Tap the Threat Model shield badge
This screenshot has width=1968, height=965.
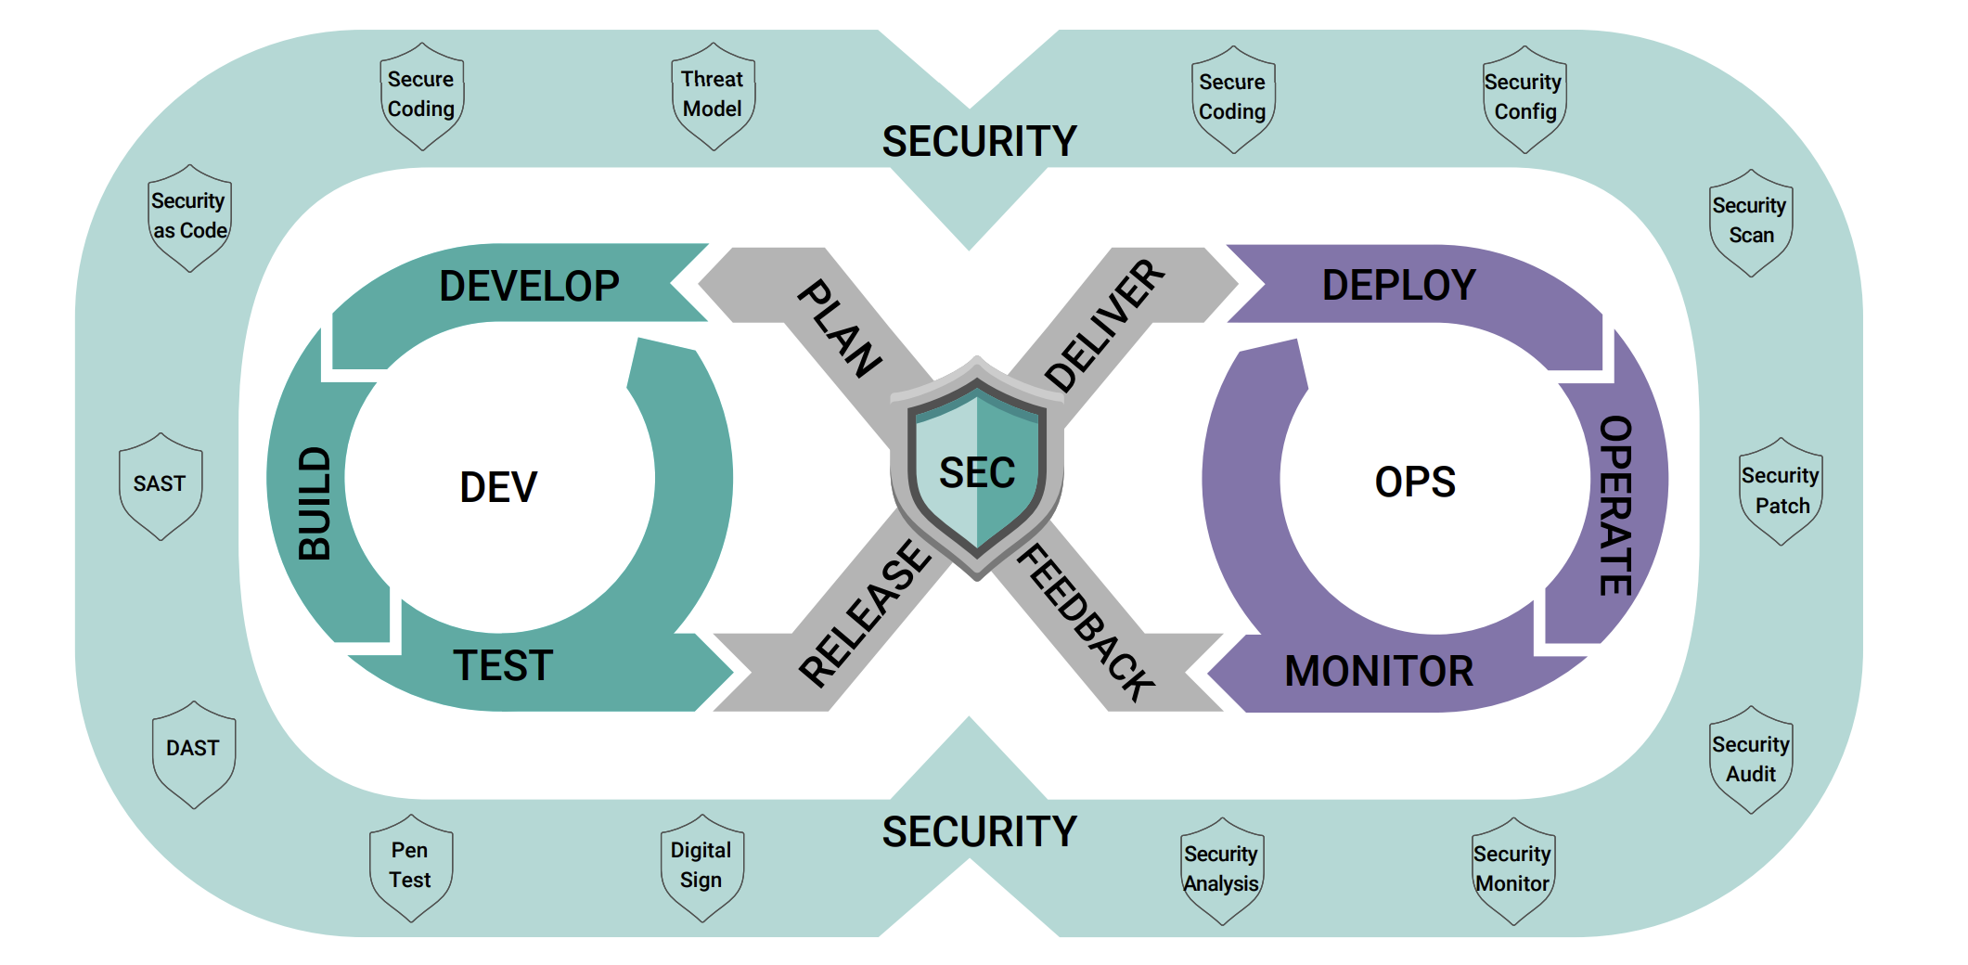(x=713, y=95)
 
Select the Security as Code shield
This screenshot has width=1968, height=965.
(x=189, y=217)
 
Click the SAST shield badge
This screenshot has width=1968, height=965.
(x=161, y=484)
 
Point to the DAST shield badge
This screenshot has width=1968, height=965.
(x=193, y=753)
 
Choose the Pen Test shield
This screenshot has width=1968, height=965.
(x=410, y=867)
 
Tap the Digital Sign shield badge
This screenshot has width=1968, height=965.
(x=701, y=867)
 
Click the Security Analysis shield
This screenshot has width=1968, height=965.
(x=1221, y=869)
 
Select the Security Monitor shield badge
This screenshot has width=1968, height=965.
(x=1512, y=869)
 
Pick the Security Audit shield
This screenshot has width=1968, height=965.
(x=1751, y=760)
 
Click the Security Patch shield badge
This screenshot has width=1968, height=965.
(x=1781, y=491)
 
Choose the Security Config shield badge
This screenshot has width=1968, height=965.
(x=1524, y=97)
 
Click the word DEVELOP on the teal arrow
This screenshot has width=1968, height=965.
(x=529, y=286)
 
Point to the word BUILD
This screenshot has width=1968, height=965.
(x=315, y=504)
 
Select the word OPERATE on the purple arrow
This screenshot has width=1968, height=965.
(x=1615, y=506)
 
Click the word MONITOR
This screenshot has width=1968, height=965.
(x=1379, y=671)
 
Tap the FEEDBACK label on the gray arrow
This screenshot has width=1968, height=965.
(x=1087, y=622)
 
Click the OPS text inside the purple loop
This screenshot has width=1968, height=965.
(x=1415, y=482)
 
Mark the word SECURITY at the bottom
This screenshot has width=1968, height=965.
(x=979, y=831)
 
